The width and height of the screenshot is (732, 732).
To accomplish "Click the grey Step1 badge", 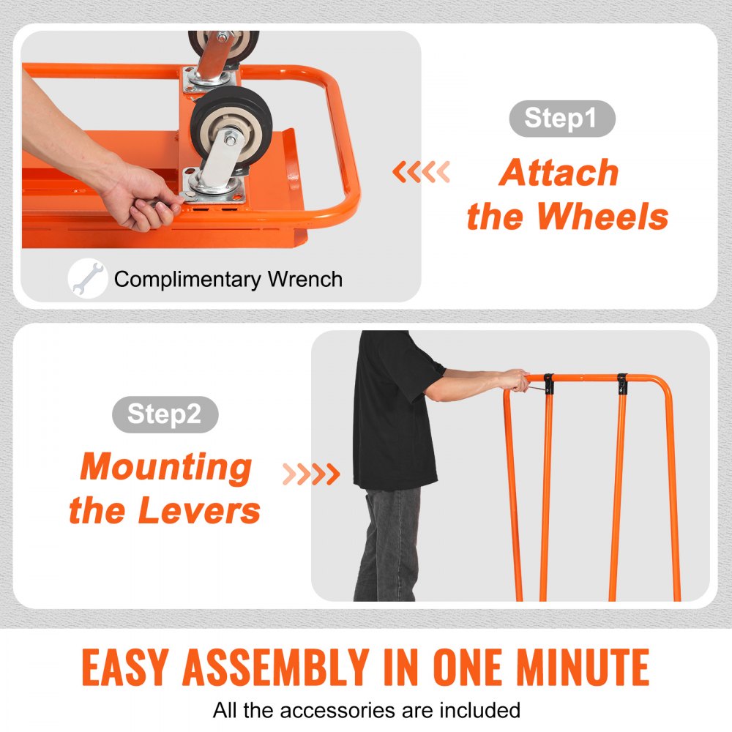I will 561,119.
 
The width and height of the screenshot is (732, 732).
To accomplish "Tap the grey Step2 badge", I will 165,414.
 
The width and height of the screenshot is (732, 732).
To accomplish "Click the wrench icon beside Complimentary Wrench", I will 88,279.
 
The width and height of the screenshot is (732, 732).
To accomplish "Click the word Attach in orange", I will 560,173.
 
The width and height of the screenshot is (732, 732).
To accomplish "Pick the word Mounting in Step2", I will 165,467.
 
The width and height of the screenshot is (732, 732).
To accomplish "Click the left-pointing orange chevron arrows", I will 421,173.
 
